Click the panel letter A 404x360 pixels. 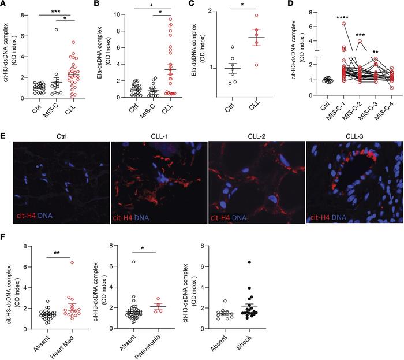tap(5, 5)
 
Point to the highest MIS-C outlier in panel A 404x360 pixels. tap(56, 29)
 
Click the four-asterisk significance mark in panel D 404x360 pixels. tap(329, 16)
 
